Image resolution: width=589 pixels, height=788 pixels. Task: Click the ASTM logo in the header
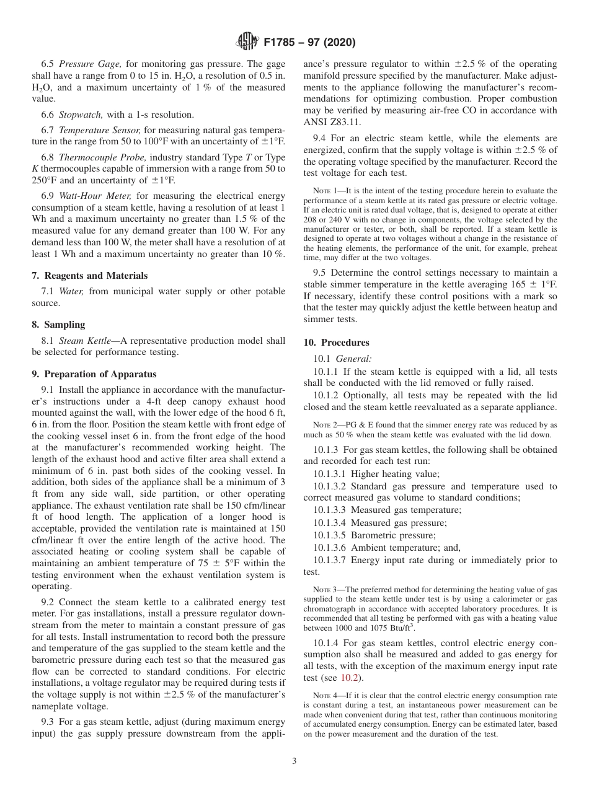pos(247,43)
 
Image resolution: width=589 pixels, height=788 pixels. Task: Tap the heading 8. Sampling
pos(58,325)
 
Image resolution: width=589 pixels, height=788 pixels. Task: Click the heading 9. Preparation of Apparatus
pos(94,374)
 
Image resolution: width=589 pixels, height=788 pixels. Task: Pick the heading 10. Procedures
pos(336,343)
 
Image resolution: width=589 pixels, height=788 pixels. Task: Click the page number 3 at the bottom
pos(294,761)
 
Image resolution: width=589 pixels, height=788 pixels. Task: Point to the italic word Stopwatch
pos(81,115)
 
